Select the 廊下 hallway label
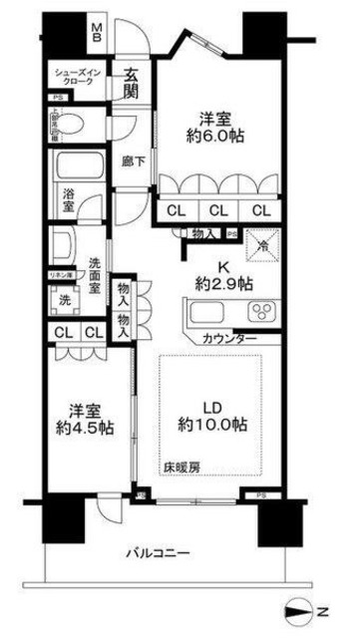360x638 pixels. [x=133, y=159]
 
